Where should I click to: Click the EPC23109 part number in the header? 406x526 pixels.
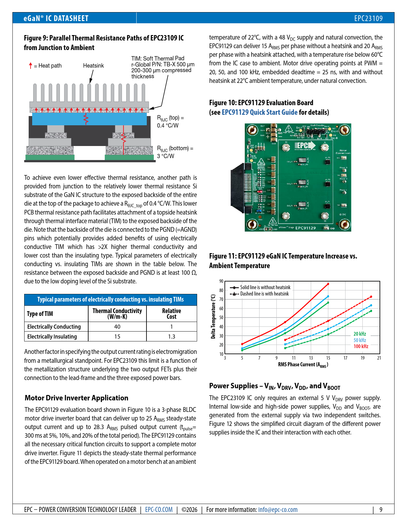coord(368,18)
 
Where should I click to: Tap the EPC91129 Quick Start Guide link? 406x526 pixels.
coord(260,112)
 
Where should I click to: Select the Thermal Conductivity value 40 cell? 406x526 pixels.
coord(117,326)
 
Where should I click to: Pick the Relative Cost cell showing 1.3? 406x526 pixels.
coord(171,336)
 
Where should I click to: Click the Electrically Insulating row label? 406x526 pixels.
coord(52,336)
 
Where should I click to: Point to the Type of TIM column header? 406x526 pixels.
coord(40,314)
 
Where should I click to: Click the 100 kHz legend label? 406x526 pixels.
coord(361,346)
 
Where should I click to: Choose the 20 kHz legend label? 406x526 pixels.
coord(360,334)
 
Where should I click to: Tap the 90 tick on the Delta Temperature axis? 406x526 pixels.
coord(221,281)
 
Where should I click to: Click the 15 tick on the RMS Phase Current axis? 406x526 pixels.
coord(328,358)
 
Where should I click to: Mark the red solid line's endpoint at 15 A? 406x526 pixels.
coord(328,284)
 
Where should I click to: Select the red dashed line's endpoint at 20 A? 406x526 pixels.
coord(371,297)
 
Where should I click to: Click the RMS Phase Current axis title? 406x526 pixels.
coord(303,365)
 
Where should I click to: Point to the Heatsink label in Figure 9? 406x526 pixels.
coord(93,66)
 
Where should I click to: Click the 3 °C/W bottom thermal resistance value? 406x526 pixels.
coord(166,156)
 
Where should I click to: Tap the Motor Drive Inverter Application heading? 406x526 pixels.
coord(76,398)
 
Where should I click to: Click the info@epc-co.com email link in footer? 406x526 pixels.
coord(278,509)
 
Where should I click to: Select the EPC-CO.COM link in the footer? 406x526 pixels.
coord(159,509)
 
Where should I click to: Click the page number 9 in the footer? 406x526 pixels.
coord(381,509)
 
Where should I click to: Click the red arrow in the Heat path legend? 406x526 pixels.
coord(31,66)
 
